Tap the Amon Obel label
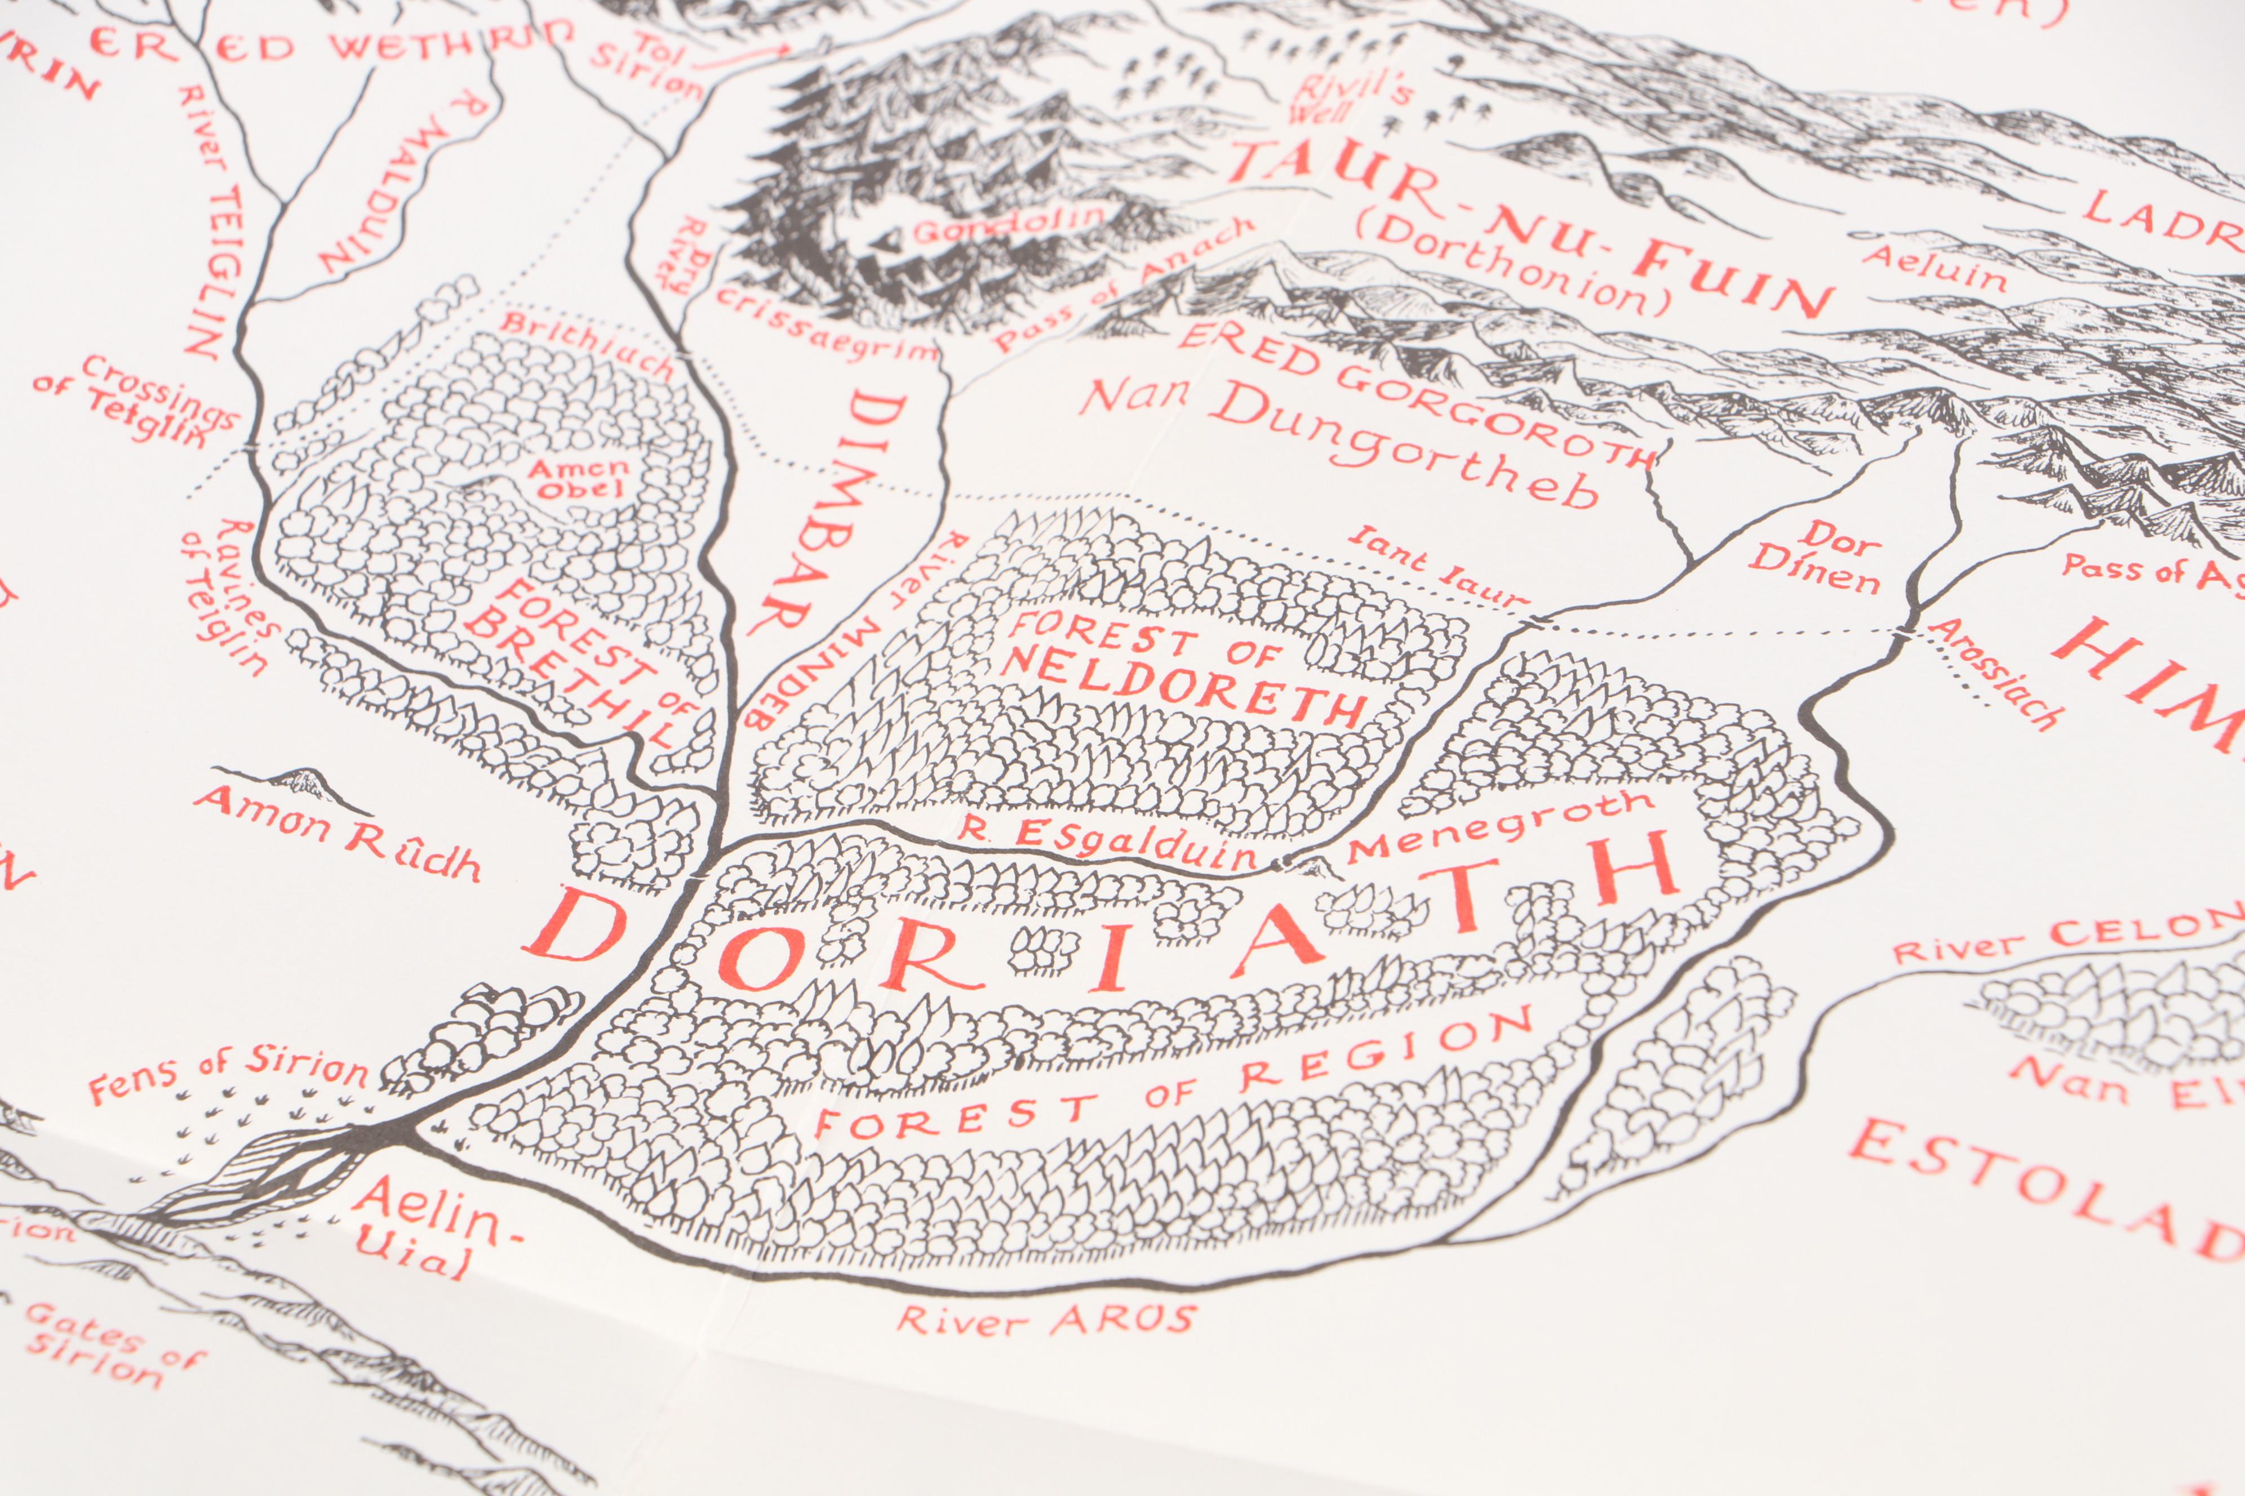[x=578, y=479]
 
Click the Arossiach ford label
[x=1995, y=673]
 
